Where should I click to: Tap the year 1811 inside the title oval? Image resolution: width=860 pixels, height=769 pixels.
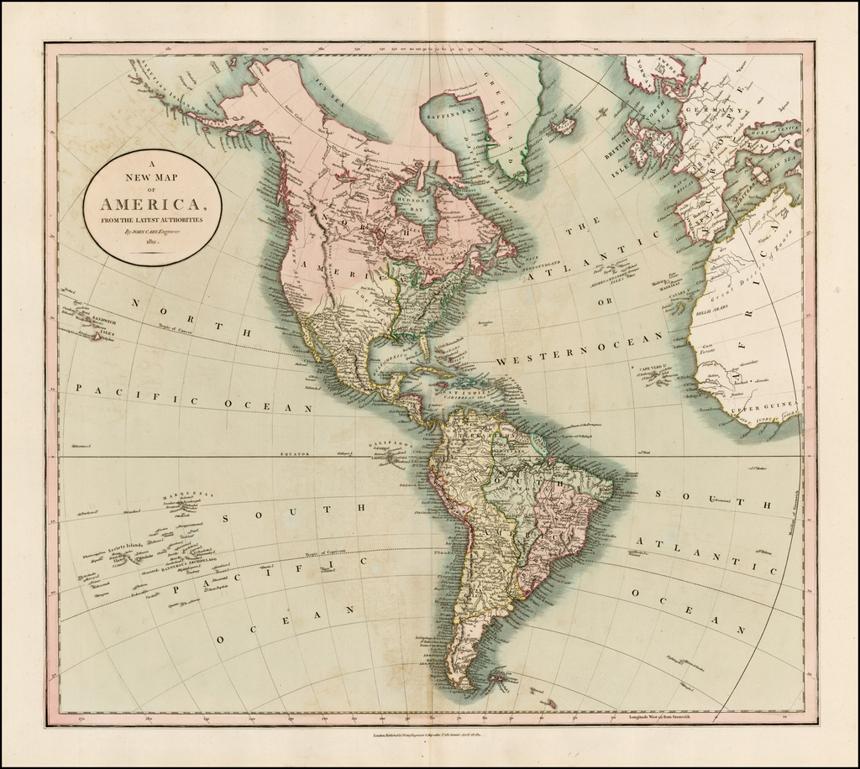pyautogui.click(x=152, y=242)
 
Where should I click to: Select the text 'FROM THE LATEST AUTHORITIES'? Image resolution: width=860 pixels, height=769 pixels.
pyautogui.click(x=152, y=219)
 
